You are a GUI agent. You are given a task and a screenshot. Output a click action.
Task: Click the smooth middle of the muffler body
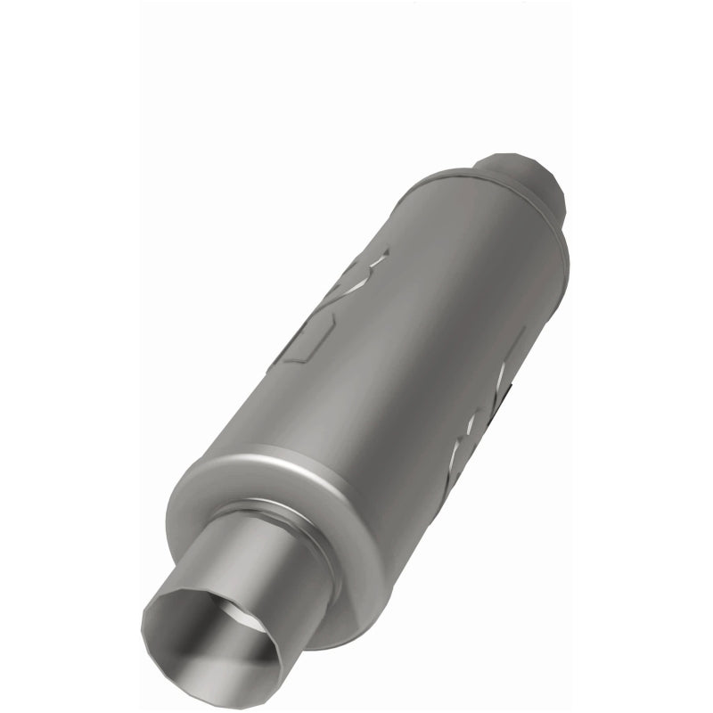[410, 356]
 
